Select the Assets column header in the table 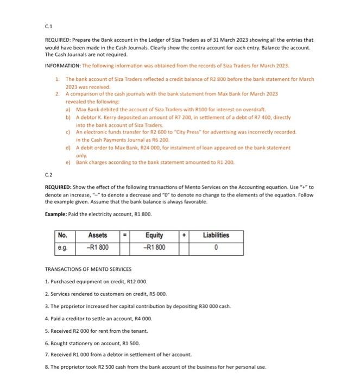click(98, 236)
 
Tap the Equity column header click(154, 236)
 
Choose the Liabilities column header click(216, 236)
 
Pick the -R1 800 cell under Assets click(98, 248)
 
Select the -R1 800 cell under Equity click(154, 248)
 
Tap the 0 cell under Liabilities click(216, 248)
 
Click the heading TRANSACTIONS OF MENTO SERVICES click(88, 269)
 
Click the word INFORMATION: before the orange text click(62, 66)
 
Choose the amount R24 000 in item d click(132, 147)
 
